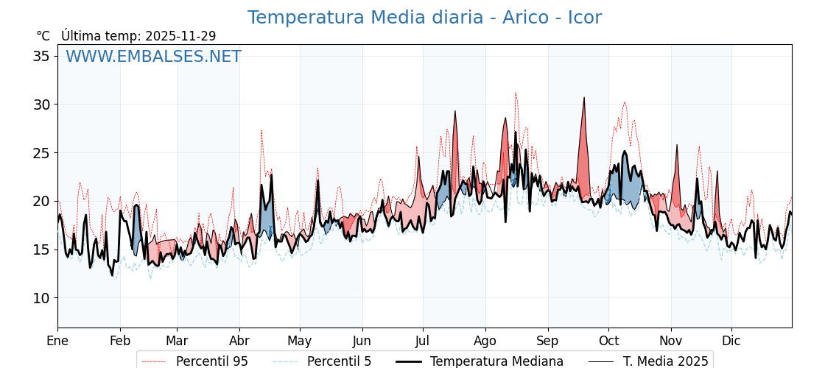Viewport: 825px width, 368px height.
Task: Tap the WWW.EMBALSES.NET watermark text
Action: click(x=153, y=57)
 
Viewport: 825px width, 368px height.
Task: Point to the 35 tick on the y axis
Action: click(x=43, y=57)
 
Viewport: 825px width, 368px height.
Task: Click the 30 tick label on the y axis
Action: click(x=43, y=105)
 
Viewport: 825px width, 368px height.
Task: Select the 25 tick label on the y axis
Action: click(x=43, y=153)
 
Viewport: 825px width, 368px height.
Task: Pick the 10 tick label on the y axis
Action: click(x=43, y=298)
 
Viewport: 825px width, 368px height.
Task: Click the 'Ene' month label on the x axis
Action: click(x=57, y=341)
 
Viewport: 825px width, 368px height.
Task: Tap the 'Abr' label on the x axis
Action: click(x=239, y=341)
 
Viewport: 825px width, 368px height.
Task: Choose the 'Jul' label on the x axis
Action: click(x=423, y=341)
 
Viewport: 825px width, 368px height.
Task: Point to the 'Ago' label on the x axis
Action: click(x=485, y=341)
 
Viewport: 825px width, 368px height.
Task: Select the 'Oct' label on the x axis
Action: click(x=608, y=341)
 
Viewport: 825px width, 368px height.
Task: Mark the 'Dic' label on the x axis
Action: click(x=731, y=341)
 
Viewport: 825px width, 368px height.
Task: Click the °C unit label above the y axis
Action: click(x=43, y=36)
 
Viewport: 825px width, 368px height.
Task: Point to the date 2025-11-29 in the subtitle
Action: click(x=180, y=36)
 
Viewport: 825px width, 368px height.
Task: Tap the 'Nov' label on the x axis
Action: click(x=671, y=341)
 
